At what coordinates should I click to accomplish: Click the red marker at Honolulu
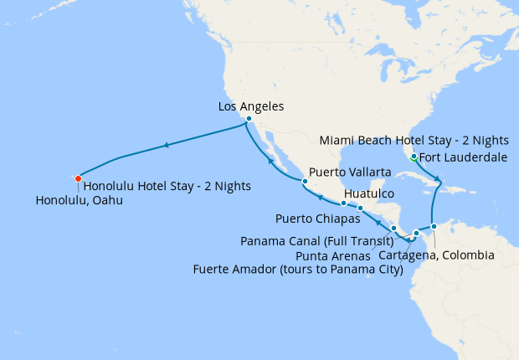click(78, 177)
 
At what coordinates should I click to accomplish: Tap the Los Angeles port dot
click(249, 119)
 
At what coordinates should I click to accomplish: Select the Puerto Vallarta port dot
click(306, 181)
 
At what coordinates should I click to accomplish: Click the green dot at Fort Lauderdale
click(413, 155)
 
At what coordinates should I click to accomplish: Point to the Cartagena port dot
click(434, 226)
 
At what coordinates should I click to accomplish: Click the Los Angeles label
click(250, 106)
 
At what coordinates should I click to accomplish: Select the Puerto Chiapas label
click(317, 219)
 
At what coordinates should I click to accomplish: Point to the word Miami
click(340, 139)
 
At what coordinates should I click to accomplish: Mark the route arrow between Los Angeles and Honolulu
click(167, 146)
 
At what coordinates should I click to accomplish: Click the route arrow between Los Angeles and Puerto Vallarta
click(270, 157)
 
